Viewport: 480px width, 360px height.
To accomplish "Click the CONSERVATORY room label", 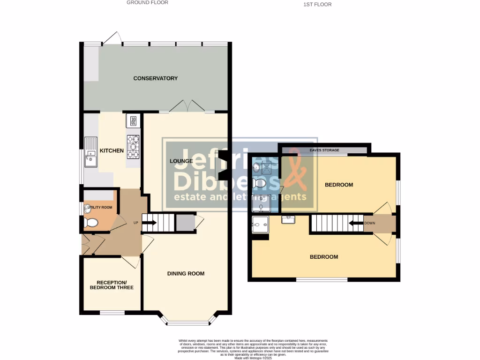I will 155,78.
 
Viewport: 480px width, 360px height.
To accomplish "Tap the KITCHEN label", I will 112,151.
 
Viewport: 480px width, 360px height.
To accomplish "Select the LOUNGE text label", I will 181,161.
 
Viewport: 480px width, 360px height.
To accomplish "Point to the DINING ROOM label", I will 186,273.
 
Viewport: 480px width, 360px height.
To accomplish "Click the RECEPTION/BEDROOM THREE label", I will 112,285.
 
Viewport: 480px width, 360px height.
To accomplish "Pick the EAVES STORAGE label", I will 324,150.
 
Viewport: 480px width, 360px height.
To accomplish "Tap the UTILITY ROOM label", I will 100,207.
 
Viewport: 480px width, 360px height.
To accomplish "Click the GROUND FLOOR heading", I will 147,2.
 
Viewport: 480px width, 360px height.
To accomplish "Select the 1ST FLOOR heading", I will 318,4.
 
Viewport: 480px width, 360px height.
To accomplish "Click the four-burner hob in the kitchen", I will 133,147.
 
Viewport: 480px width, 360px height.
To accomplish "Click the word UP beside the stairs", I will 136,222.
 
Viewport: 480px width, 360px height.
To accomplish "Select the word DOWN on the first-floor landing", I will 370,223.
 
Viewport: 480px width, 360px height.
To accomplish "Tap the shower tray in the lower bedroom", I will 261,224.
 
